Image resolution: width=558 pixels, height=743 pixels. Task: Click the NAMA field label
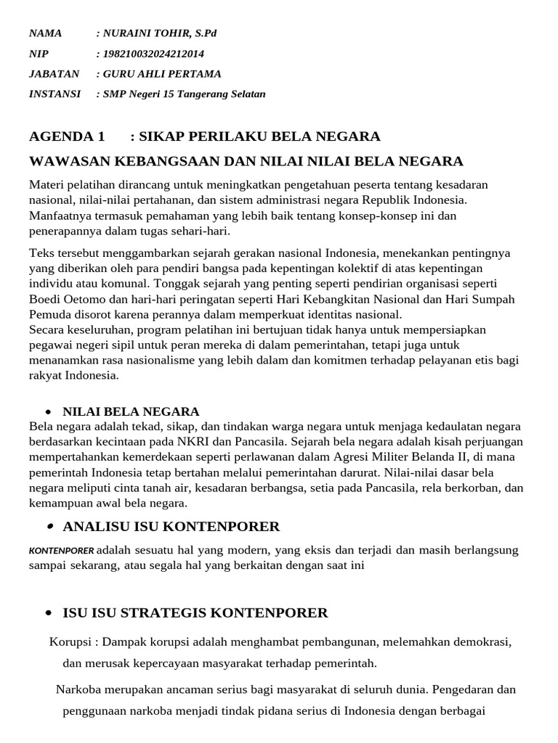tap(45, 33)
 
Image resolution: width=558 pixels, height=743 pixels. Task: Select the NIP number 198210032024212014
tap(153, 54)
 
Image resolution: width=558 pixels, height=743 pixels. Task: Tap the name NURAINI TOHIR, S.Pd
tap(158, 33)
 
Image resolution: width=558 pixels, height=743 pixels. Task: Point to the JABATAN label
tap(53, 74)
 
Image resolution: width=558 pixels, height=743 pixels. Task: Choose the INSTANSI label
tap(54, 94)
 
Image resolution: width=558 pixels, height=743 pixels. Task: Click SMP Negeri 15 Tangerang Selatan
tap(184, 94)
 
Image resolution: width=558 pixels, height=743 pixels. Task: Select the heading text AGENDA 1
tap(67, 136)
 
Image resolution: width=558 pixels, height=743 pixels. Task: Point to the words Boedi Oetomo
tap(65, 300)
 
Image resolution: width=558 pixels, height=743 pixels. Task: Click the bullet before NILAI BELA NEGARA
tap(48, 412)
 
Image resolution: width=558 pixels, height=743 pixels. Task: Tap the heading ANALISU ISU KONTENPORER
tap(171, 526)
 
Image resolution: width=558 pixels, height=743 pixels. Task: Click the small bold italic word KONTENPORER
tap(61, 551)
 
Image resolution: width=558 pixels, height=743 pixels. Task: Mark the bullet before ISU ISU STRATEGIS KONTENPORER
tap(48, 613)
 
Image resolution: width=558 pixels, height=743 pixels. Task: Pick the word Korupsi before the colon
tap(70, 642)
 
